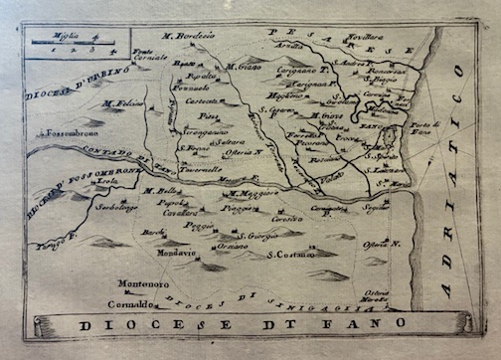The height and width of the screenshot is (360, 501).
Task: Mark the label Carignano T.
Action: click(x=296, y=73)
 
